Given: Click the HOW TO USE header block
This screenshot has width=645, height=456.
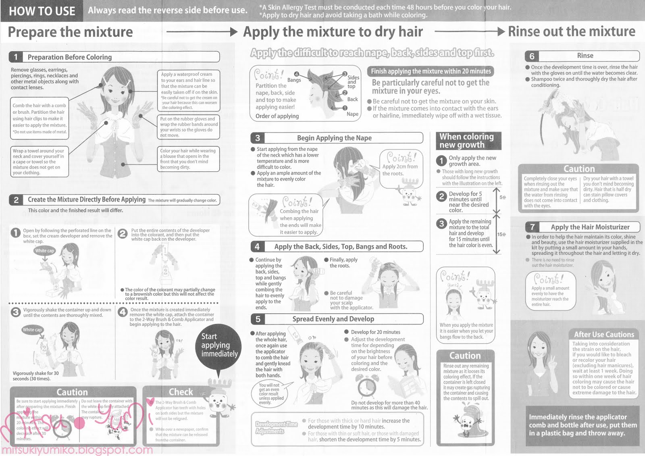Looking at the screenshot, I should pos(42,11).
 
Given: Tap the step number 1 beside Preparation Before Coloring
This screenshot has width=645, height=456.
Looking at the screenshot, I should pos(16,57).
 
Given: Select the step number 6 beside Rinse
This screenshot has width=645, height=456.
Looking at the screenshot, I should pos(532,56).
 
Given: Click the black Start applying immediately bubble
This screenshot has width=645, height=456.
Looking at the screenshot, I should pos(219,346).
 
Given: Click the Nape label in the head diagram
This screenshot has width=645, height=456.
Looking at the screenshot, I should pos(352,114).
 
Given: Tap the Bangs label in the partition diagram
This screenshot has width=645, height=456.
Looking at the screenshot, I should pos(294,80).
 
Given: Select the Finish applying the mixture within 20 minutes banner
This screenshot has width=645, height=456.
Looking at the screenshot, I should pos(431,71).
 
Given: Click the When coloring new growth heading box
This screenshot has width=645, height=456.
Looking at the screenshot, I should pos(468,141).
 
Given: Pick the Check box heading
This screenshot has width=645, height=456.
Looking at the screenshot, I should pos(181,392).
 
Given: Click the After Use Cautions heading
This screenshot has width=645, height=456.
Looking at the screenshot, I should pos(604,334).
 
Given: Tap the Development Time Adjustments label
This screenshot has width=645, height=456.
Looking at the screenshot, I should pos(277,428).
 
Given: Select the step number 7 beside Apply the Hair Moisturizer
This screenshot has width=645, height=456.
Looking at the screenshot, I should pos(533,227).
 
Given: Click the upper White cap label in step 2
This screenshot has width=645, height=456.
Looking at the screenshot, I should pos(44,251).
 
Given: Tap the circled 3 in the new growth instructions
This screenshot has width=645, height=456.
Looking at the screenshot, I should pos(442,224).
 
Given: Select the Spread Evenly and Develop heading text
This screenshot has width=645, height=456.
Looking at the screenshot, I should pos(333,319).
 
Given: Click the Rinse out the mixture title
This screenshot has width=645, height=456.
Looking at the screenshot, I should pos(571,31).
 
